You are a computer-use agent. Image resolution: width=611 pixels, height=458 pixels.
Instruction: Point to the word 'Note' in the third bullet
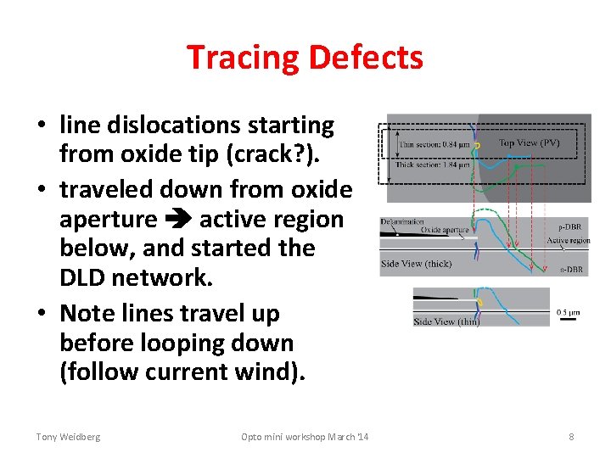[x=88, y=313]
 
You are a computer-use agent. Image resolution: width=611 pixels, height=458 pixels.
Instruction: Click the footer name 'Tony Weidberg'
[x=68, y=437]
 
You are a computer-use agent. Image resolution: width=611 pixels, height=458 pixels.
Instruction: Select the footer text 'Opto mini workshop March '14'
[x=305, y=437]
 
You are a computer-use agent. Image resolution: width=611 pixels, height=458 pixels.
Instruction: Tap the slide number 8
[x=571, y=437]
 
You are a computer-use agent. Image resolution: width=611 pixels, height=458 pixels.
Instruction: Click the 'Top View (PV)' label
[x=529, y=143]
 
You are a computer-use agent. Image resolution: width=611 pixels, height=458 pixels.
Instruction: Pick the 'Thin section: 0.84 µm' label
[x=434, y=145]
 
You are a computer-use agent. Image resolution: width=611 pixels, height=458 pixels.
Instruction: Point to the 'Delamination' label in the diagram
[x=402, y=221]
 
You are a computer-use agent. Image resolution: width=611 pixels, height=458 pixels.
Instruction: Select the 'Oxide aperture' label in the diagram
[x=445, y=230]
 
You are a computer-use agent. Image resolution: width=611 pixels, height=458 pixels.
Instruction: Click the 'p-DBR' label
[x=569, y=227]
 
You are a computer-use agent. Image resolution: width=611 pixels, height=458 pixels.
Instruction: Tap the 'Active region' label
[x=568, y=241]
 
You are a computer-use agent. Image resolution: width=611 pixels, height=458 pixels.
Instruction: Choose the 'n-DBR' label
[x=569, y=270]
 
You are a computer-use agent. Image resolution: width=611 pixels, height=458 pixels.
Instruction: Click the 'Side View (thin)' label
[x=446, y=321]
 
